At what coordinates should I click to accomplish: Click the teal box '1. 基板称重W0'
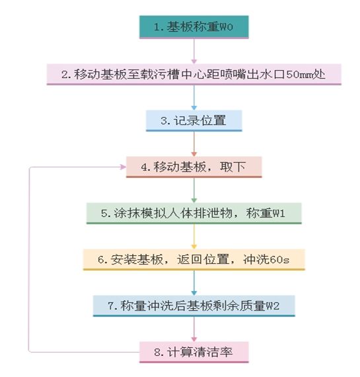[194, 27]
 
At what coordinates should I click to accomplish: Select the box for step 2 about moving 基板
[194, 74]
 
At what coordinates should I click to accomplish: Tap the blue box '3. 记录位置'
[194, 120]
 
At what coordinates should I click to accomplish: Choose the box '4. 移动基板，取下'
[194, 167]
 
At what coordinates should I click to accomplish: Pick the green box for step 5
[194, 213]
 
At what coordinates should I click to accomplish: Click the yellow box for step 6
[194, 260]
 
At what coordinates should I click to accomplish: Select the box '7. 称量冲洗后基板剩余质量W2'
[194, 306]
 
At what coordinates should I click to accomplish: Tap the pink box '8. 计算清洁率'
[194, 353]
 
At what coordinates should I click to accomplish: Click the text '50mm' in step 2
[300, 75]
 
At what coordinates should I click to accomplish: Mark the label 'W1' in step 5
[278, 214]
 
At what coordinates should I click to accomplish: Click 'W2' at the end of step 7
[272, 306]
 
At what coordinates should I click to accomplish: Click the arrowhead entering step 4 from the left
[124, 167]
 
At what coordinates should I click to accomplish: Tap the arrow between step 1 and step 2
[194, 51]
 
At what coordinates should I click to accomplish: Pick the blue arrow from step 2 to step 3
[194, 98]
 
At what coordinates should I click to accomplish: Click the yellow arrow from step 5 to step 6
[194, 237]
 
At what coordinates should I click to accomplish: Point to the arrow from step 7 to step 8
[194, 329]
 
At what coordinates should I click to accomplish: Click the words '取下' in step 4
[233, 167]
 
